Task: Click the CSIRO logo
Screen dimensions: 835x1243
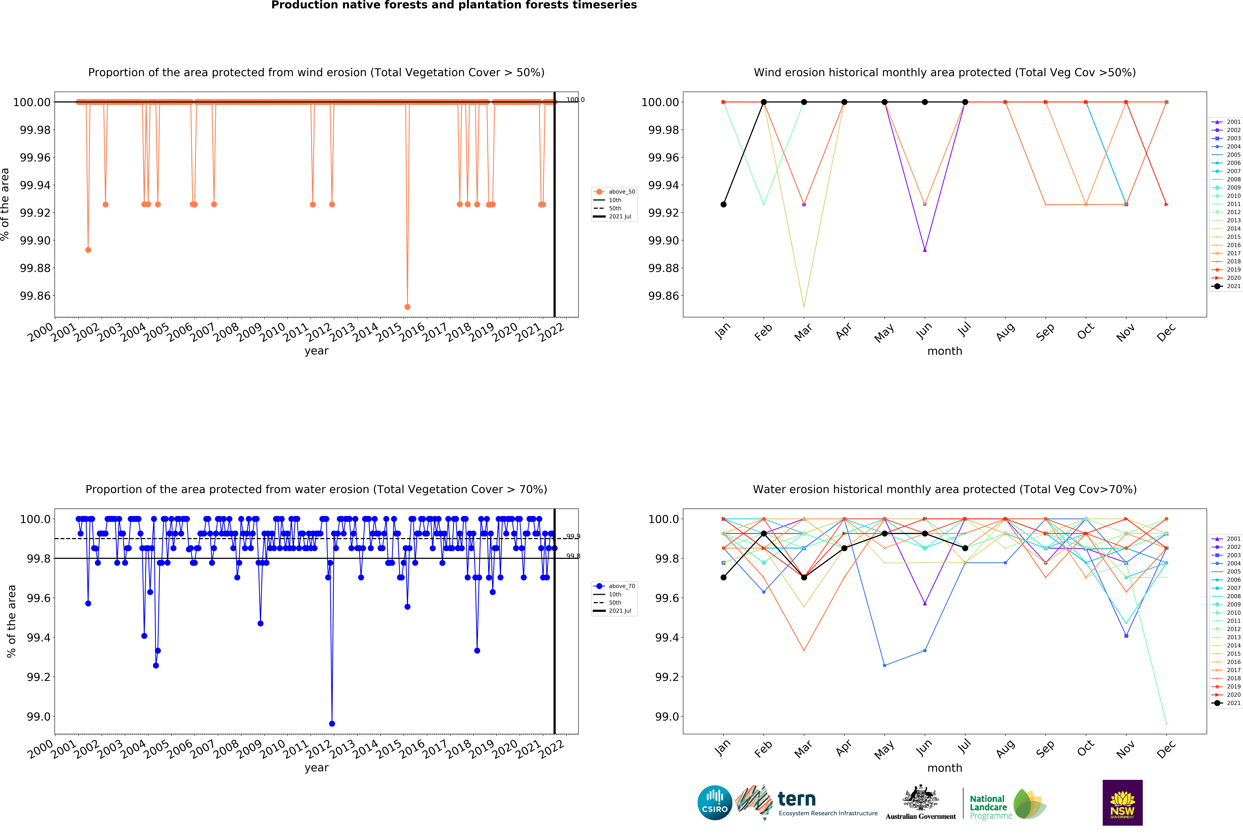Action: [x=714, y=802]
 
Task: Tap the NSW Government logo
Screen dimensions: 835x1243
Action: [x=1122, y=802]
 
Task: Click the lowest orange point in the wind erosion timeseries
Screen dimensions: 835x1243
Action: [x=408, y=307]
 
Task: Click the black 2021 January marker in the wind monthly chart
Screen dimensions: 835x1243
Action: [x=723, y=205]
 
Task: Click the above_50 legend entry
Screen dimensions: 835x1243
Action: [x=614, y=192]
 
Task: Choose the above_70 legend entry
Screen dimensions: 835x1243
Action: [x=614, y=586]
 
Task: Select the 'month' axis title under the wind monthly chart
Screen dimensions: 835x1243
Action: [x=945, y=351]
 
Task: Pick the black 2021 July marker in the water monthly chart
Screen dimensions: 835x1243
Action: [x=965, y=548]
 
